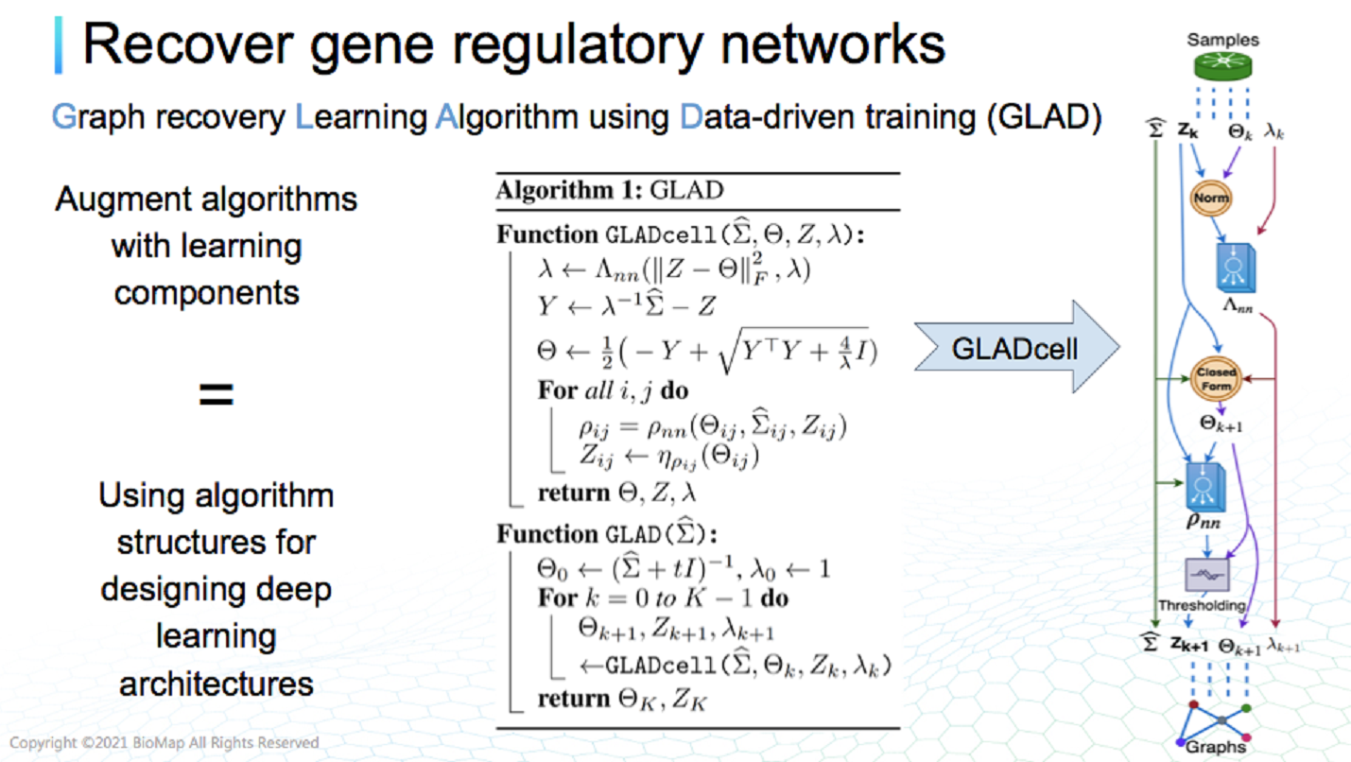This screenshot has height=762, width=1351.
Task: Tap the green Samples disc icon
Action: (1221, 66)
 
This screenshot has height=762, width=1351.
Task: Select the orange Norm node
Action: (1210, 199)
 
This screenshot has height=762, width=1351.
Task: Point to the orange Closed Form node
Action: (1216, 379)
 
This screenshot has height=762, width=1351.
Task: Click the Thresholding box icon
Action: (1206, 575)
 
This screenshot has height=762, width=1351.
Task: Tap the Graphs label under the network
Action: (1217, 747)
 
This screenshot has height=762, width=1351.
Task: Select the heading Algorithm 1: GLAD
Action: (610, 190)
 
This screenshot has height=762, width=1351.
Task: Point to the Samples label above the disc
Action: (1222, 40)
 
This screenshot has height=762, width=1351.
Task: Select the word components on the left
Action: (206, 292)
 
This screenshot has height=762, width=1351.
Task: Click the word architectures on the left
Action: (216, 683)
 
